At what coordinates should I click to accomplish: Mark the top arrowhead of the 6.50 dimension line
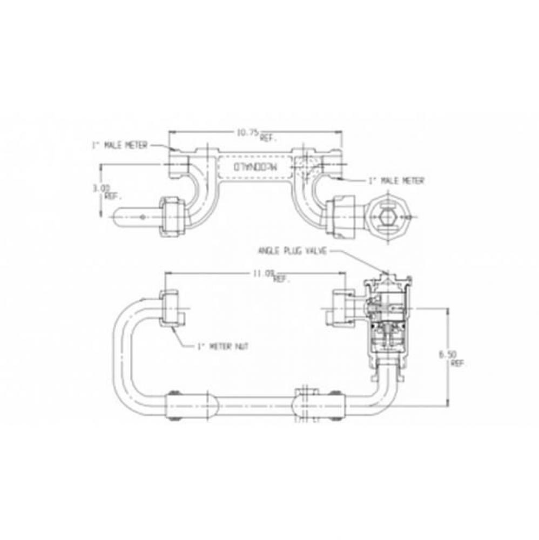point(448,310)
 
